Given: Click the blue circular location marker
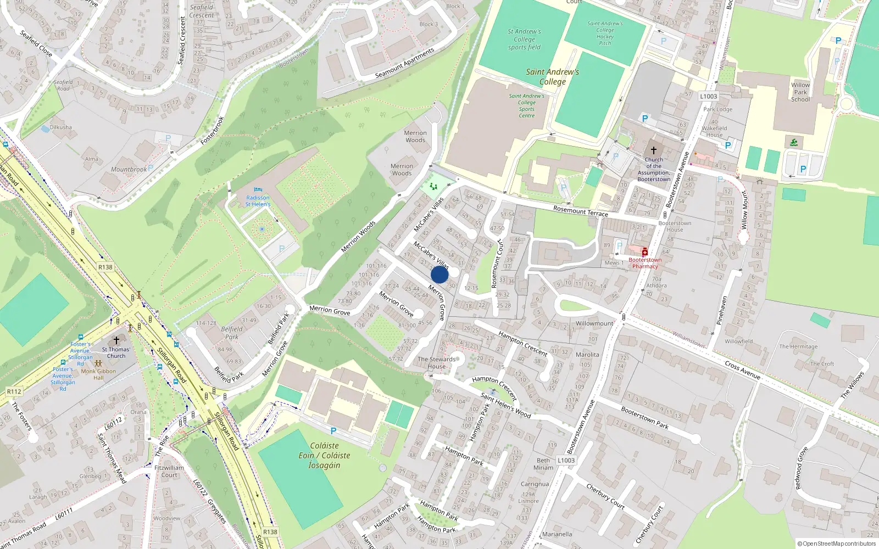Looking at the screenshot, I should [x=439, y=274].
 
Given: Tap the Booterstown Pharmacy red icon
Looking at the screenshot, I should [x=645, y=252].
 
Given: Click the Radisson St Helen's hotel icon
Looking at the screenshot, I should [x=258, y=190].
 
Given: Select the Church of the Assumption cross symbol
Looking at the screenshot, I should [x=654, y=150].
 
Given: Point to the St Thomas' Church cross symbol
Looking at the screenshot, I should [x=116, y=341].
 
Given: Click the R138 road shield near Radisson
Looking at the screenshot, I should [x=105, y=267].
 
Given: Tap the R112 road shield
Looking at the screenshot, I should [x=14, y=391].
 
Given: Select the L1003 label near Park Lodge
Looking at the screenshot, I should [x=708, y=97].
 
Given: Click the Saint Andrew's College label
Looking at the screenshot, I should [x=552, y=77].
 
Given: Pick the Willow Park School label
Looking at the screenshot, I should [x=800, y=92].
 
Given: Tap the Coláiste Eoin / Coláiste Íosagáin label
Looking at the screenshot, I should [x=324, y=456].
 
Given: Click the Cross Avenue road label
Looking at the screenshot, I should [x=742, y=370].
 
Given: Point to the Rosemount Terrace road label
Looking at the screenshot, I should [x=581, y=211].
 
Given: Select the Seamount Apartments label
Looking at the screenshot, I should [x=404, y=63].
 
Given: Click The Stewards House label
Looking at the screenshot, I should [x=437, y=363].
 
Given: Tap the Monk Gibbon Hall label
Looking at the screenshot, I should [x=98, y=374].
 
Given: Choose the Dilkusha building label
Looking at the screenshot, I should [x=60, y=127].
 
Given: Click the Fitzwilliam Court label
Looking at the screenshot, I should [x=169, y=472].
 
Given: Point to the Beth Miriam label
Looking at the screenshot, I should [x=543, y=464].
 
